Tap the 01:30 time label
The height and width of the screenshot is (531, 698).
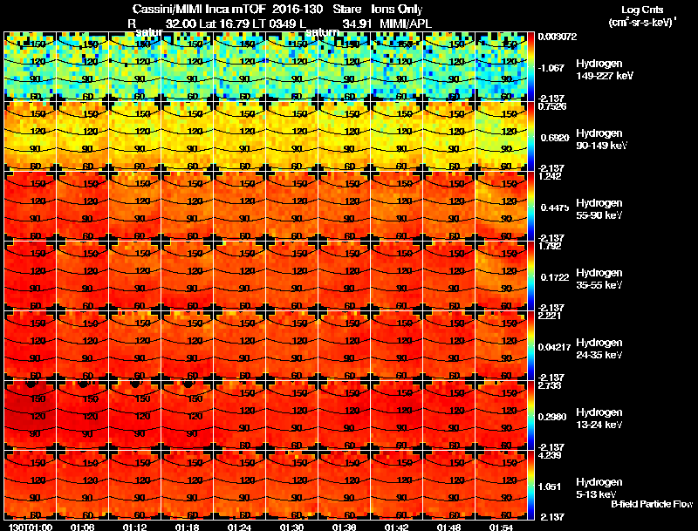click(291, 527)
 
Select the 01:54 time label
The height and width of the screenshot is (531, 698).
click(501, 527)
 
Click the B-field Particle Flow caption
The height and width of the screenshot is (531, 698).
click(652, 504)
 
